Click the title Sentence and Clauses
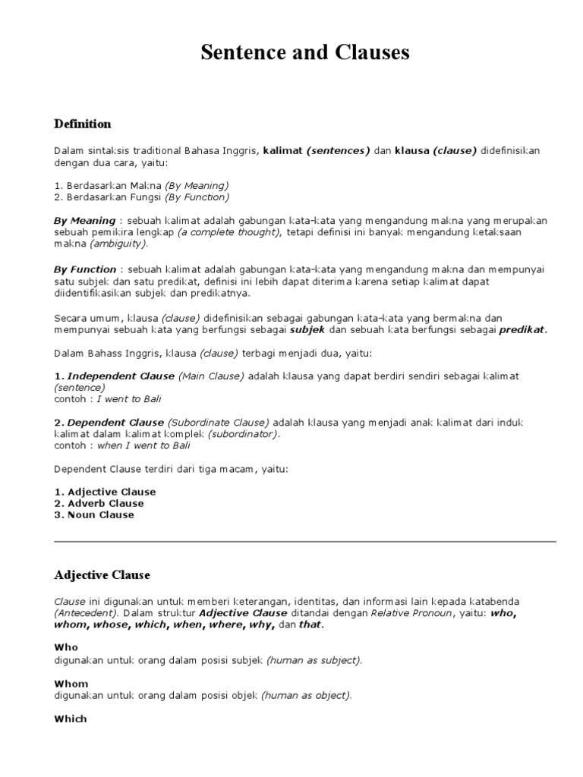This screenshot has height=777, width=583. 304,52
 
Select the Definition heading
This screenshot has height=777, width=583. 83,124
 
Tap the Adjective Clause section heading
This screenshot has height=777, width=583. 102,574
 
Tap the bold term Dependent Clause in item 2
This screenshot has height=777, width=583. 115,422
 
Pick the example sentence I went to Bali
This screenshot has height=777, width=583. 129,398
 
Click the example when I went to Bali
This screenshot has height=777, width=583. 143,445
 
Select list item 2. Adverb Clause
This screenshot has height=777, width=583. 99,503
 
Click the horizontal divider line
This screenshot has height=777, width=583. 304,541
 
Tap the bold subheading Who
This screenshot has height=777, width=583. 66,647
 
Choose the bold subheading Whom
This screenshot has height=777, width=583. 71,684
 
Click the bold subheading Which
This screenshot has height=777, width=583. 71,719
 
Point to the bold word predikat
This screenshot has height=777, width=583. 522,329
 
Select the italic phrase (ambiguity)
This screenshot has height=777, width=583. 119,244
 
